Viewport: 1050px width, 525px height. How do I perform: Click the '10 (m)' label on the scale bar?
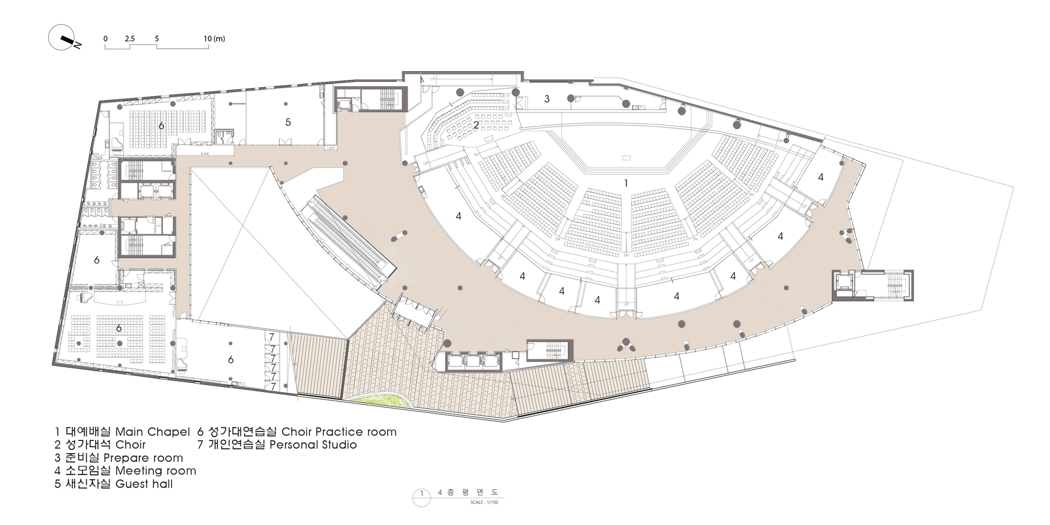[214, 39]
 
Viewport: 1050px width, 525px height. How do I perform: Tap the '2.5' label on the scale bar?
[130, 39]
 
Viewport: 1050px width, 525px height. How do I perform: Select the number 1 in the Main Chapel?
[625, 183]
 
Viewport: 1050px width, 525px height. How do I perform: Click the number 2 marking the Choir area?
[476, 125]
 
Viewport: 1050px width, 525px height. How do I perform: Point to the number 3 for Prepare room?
[547, 99]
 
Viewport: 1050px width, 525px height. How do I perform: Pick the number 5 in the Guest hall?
[288, 122]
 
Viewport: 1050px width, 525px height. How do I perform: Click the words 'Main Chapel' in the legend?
[152, 432]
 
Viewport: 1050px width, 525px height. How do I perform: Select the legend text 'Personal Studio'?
[313, 445]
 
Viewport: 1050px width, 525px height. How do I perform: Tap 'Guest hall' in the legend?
[144, 484]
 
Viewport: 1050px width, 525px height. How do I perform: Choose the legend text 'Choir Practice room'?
[339, 432]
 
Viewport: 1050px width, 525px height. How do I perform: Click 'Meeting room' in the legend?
[155, 471]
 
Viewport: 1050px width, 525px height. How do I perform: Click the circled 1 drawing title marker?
[421, 494]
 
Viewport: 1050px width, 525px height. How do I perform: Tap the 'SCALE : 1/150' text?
[484, 502]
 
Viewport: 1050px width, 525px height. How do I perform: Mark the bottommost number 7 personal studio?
[273, 386]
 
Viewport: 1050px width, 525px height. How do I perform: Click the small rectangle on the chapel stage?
[626, 158]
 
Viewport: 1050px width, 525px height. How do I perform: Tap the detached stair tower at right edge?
[873, 286]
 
